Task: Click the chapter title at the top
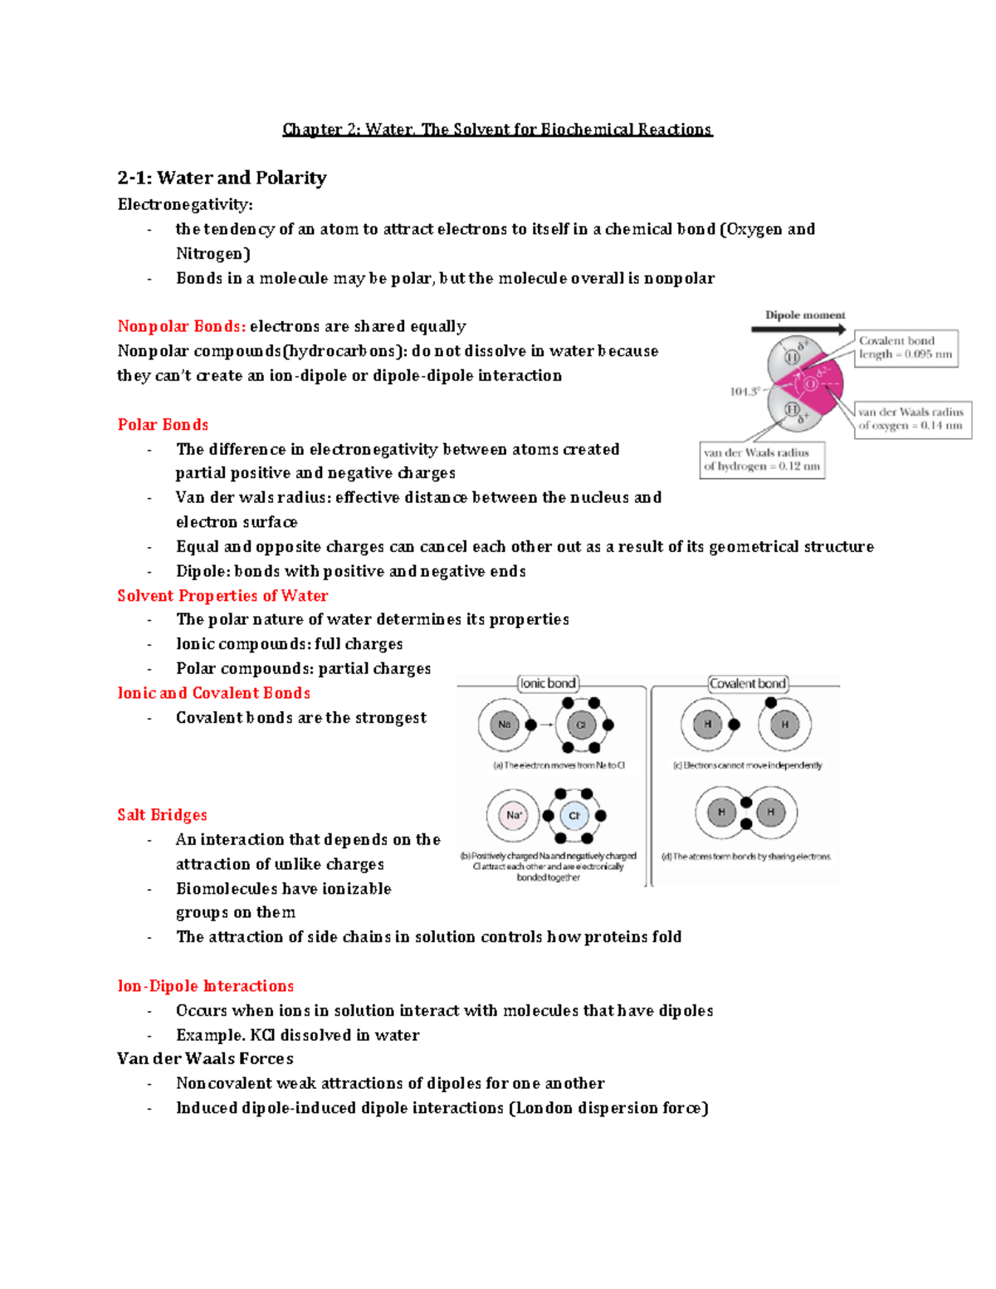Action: point(497,129)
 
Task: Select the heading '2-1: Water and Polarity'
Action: point(222,178)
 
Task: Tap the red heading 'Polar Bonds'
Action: point(163,425)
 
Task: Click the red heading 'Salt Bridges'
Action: point(162,815)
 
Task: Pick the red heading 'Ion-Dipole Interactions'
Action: point(205,986)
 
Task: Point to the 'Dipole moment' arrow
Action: point(798,329)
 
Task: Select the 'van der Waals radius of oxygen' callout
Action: point(911,418)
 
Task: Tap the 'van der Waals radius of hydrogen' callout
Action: point(762,460)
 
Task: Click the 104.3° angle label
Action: point(745,392)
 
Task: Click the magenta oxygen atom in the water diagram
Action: point(818,383)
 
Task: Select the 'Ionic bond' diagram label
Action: point(548,683)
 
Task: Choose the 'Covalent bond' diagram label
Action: point(748,683)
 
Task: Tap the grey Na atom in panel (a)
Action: point(504,725)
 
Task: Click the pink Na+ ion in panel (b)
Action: point(514,815)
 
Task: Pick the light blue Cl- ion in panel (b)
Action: point(574,816)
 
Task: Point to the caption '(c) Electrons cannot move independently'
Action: point(747,765)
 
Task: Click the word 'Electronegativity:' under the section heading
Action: point(185,204)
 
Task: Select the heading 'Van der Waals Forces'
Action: point(205,1059)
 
